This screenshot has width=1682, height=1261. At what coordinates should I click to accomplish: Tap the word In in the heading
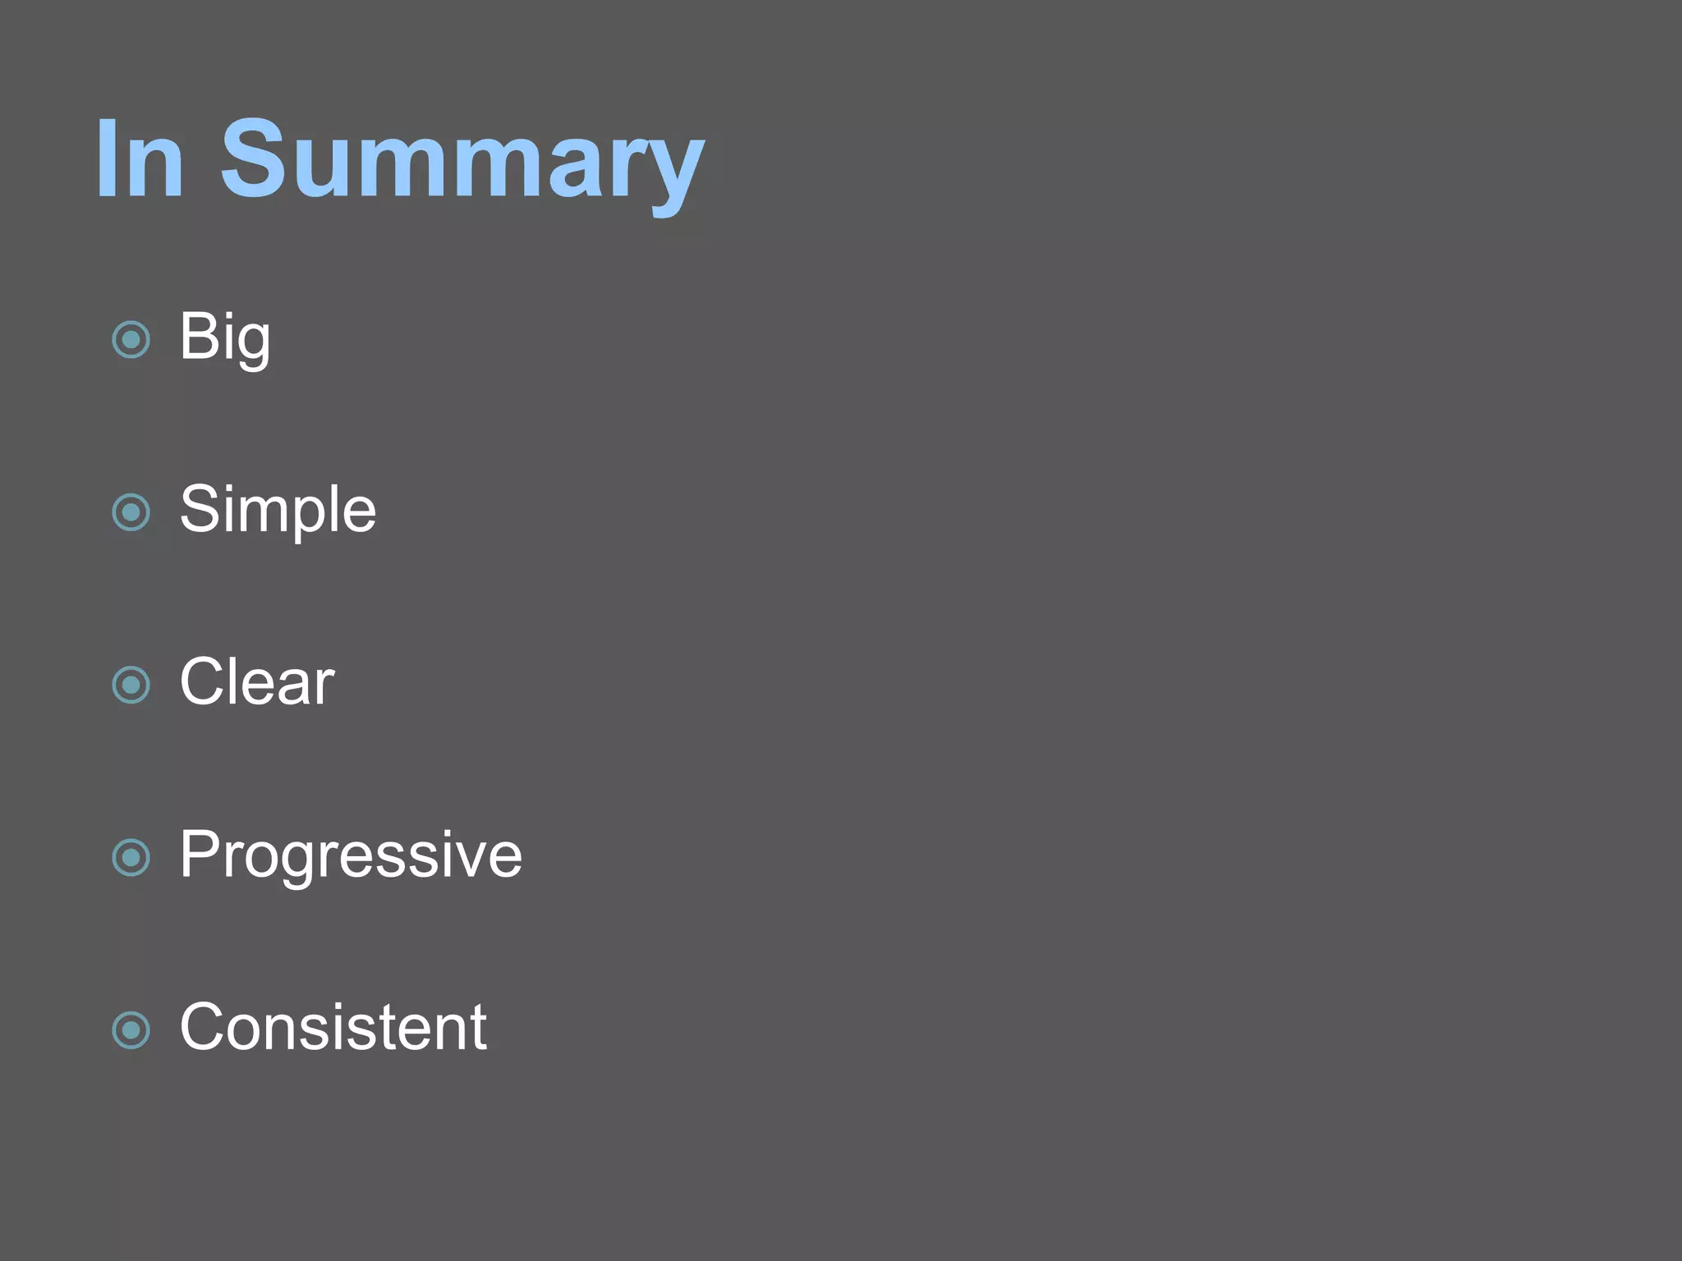click(140, 160)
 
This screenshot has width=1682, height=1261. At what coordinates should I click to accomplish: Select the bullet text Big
click(224, 337)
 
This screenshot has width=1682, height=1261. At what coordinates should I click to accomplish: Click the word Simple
click(278, 510)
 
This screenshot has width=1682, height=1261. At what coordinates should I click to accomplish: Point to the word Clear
click(257, 682)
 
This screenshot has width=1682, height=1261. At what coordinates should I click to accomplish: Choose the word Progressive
click(351, 855)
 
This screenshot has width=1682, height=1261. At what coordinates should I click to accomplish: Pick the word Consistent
click(333, 1027)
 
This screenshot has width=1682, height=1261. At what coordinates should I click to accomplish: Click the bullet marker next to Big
click(131, 339)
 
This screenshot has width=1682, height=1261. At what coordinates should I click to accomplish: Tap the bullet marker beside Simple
click(131, 512)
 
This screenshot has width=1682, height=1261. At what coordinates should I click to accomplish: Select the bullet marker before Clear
click(131, 685)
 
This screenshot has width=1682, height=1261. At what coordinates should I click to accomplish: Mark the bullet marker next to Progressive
click(131, 858)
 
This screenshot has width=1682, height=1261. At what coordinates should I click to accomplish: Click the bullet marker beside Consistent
click(131, 1030)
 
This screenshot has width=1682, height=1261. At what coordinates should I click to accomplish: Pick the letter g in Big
click(253, 345)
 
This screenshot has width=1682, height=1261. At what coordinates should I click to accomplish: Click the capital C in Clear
click(205, 682)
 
